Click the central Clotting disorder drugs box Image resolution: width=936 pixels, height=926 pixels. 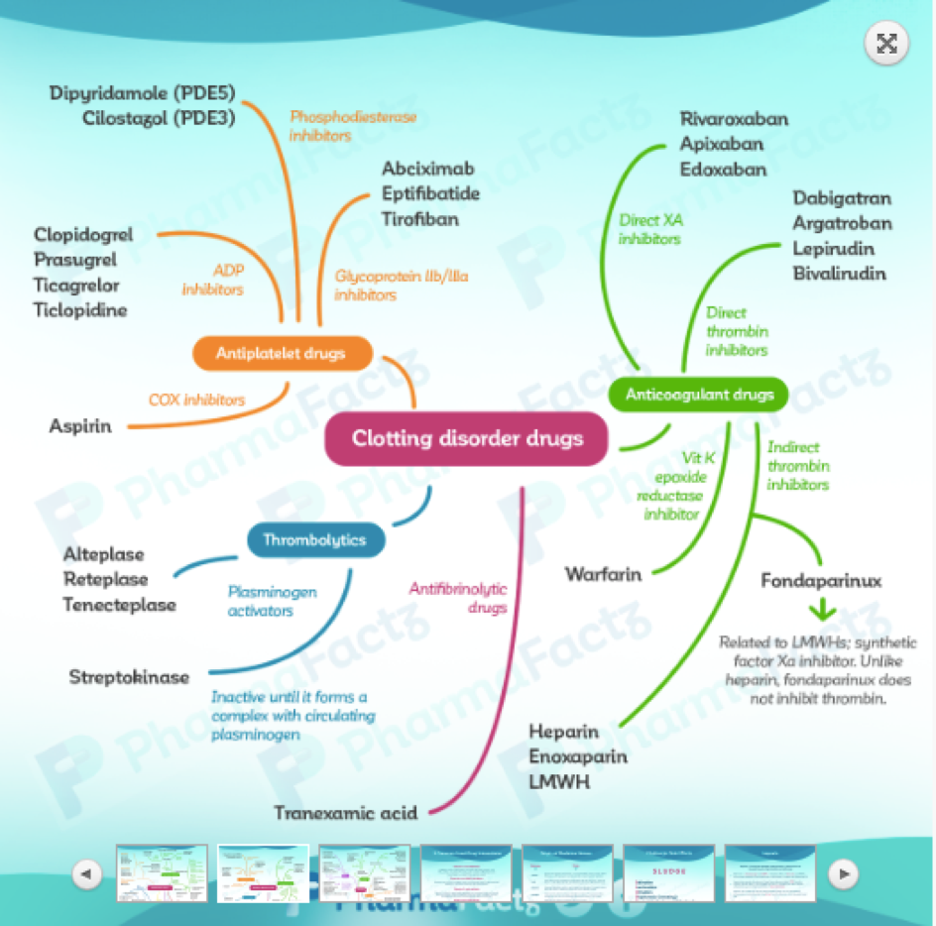coord(466,438)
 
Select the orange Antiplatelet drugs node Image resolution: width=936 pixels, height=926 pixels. coord(282,353)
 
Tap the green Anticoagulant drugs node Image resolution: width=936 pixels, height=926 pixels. coord(698,395)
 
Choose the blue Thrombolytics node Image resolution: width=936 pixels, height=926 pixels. coord(313,540)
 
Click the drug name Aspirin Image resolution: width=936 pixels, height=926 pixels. coord(80,425)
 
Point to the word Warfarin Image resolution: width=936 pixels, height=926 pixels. coord(603,574)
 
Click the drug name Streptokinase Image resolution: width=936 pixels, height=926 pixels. coord(129,677)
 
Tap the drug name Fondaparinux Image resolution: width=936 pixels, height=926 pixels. coord(821,581)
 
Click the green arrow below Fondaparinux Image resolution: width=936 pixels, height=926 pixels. coord(822,611)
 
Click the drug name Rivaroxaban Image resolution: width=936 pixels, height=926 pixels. coord(734,119)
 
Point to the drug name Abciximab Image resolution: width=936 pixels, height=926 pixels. coord(428,169)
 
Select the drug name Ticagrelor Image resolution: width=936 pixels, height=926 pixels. coord(76,286)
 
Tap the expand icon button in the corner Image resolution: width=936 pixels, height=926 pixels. coord(886,44)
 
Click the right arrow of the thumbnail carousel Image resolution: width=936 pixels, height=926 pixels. coord(843,873)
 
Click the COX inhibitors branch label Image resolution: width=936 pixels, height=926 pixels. coord(196,400)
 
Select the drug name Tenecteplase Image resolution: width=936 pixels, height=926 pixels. coord(119,605)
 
